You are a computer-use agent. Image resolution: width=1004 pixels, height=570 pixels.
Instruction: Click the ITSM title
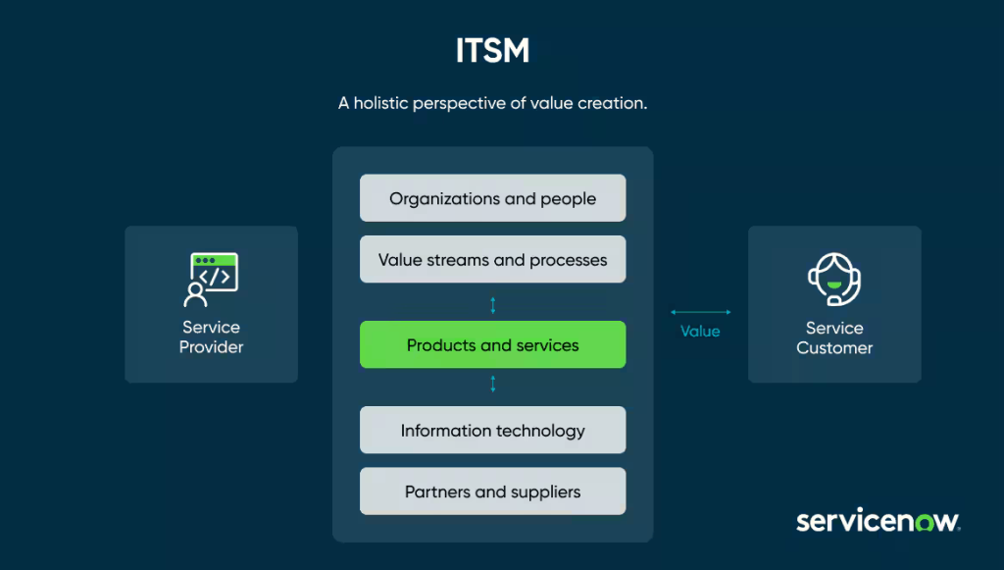(492, 51)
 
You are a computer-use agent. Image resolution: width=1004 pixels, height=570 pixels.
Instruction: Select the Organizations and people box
(492, 198)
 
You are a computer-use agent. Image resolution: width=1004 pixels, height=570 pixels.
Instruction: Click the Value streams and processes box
(492, 260)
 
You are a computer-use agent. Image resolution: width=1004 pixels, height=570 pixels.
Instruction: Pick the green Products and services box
(492, 345)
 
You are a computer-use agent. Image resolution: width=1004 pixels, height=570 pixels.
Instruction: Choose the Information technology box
(492, 431)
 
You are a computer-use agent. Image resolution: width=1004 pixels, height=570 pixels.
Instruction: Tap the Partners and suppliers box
(492, 492)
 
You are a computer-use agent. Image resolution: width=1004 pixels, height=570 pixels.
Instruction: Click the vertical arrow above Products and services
(493, 305)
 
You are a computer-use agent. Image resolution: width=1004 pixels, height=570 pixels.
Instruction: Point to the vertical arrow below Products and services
(493, 384)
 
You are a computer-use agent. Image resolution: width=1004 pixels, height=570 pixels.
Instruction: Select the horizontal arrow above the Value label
(700, 312)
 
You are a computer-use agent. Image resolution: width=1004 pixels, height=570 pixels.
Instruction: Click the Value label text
(700, 332)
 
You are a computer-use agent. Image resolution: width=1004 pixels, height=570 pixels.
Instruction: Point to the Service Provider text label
(211, 337)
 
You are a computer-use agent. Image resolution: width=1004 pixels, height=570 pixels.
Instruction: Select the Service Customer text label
(834, 338)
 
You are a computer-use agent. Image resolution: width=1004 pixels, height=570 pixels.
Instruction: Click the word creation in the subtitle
(613, 103)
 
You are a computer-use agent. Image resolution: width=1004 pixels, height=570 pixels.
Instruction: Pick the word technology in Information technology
(538, 431)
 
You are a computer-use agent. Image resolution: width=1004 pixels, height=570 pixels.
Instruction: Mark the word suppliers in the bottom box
(544, 492)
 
